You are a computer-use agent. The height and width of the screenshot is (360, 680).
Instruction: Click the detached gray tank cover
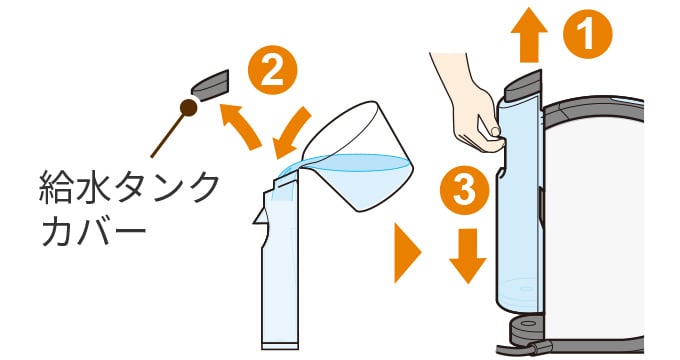209,84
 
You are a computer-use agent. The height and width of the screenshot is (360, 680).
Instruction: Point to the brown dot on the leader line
185,107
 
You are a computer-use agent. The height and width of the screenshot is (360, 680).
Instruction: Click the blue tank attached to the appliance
520,200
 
